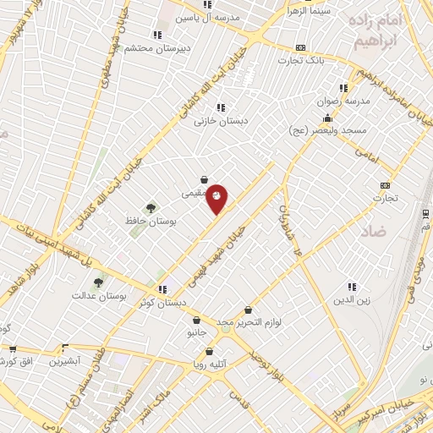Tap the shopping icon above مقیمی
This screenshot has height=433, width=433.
[205, 179]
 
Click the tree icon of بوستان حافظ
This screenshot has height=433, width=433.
[151, 206]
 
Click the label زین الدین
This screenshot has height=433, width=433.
[353, 300]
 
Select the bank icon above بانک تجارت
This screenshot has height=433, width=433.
[300, 48]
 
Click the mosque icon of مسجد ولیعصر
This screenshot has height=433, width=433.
[327, 118]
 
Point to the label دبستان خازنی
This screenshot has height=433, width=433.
[221, 121]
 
